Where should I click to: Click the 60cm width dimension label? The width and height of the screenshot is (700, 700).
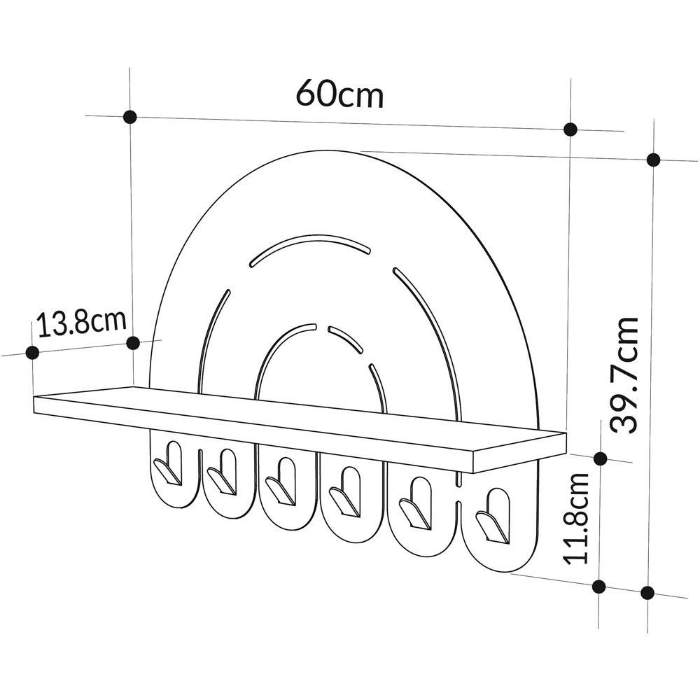tap(339, 93)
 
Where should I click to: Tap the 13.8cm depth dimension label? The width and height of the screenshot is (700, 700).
tap(81, 323)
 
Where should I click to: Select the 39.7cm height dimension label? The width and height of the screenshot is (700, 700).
tap(624, 375)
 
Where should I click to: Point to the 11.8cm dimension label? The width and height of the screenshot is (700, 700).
tap(579, 518)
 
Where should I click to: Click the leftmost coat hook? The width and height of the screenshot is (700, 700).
tap(168, 466)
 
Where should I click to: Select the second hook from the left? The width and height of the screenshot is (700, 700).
tap(223, 473)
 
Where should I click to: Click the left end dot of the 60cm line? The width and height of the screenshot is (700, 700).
tap(129, 117)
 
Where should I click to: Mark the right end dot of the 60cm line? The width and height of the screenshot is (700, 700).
tap(570, 129)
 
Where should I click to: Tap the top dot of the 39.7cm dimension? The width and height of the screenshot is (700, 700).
tap(654, 160)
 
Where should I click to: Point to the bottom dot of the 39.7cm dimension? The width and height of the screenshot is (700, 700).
tap(647, 593)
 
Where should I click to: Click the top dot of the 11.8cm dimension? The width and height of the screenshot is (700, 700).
tap(600, 458)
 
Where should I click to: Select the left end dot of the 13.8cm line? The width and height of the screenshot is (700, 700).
tap(31, 352)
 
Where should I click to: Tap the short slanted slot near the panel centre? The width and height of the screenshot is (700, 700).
tap(345, 337)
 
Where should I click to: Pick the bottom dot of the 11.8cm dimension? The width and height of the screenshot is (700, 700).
tap(599, 587)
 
